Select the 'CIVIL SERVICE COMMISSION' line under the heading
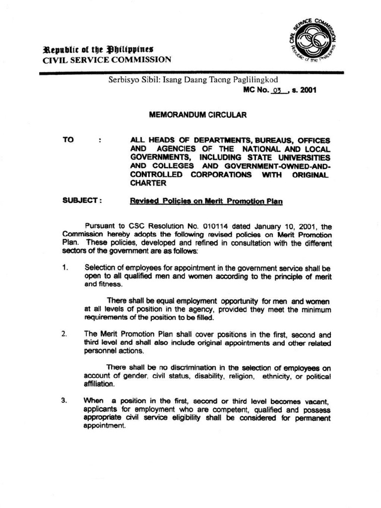pos(107,60)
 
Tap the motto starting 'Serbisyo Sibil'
pos(193,79)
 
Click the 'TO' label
pos(68,140)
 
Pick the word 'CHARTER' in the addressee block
pos(147,183)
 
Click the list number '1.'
pos(65,268)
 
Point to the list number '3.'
pos(65,400)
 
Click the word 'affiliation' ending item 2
pos(99,384)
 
